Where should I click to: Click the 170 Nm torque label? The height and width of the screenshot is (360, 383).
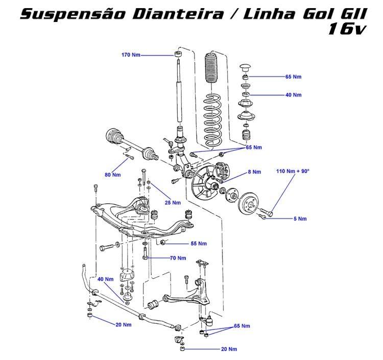coord(131,55)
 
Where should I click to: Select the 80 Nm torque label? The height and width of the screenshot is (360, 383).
coord(112,175)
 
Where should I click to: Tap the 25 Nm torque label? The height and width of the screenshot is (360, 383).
coord(173,202)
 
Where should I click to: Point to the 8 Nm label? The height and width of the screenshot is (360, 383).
coord(254,172)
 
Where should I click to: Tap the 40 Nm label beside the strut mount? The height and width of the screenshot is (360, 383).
coord(293,95)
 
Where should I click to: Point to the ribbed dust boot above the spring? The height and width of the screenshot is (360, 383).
coord(211,69)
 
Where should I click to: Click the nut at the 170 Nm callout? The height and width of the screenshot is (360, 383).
coord(177,54)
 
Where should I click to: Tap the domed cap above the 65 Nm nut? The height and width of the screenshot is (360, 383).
coord(246,67)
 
